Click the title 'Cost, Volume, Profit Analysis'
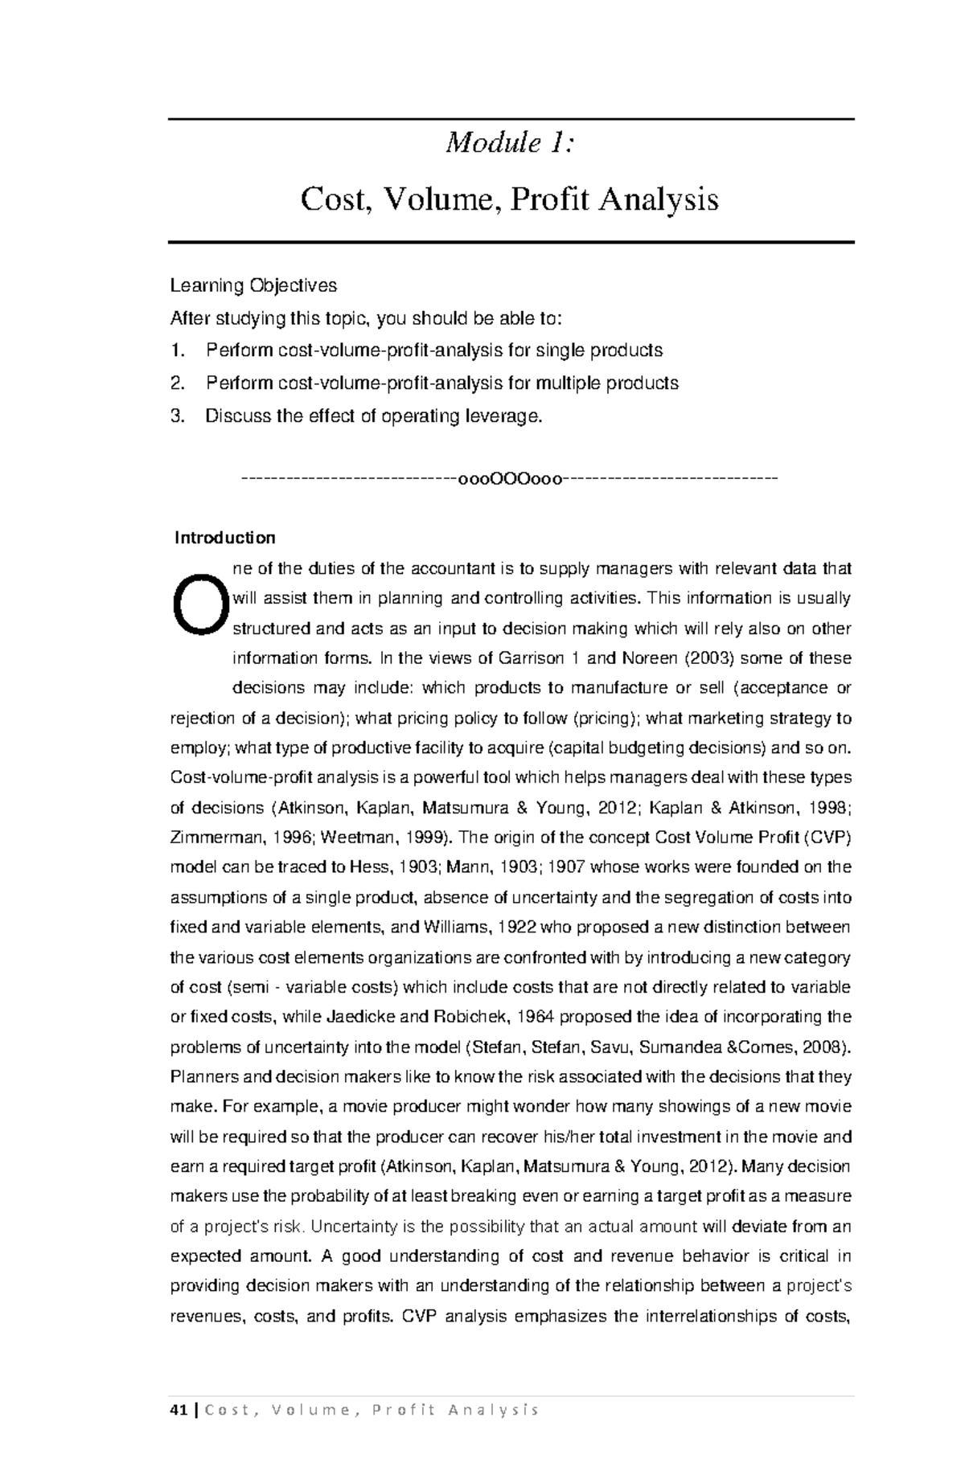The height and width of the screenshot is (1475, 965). click(509, 199)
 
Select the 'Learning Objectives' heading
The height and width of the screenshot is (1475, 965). click(253, 285)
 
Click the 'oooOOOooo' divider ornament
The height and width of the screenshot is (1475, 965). click(510, 480)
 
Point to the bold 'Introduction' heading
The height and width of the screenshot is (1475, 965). click(225, 537)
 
